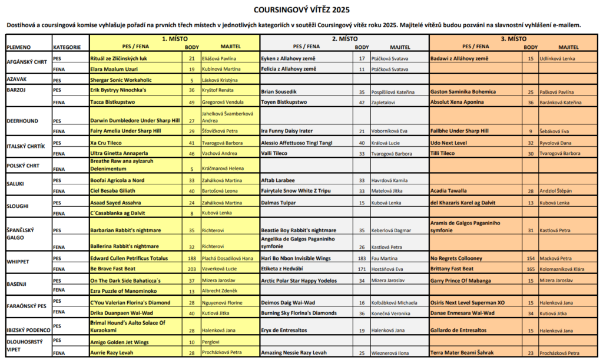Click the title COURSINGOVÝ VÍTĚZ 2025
pos(301,9)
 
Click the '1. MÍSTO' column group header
pos(175,38)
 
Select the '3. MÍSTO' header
pos(514,38)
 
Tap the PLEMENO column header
pos(19,47)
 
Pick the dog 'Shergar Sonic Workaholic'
pos(121,80)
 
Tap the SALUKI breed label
pos(15,183)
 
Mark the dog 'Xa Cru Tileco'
pos(106,143)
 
